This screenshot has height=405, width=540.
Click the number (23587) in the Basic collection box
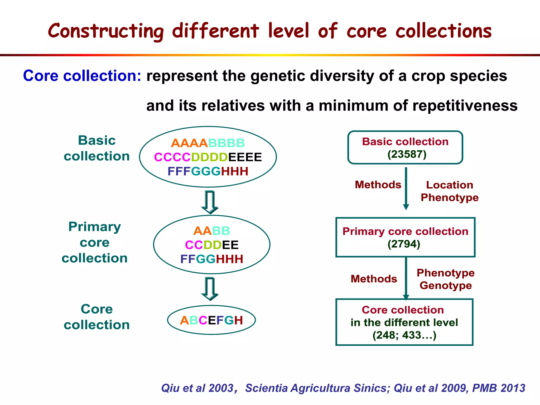[407, 154]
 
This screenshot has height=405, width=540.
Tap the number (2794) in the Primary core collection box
[404, 244]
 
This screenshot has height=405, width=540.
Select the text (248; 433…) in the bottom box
[404, 335]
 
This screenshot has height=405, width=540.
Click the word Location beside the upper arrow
[449, 185]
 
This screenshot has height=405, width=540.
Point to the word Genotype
[446, 286]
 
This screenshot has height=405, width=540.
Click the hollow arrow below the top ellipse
[210, 202]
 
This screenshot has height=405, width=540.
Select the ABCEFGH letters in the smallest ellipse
[211, 320]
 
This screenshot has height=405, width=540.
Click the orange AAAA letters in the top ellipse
[189, 143]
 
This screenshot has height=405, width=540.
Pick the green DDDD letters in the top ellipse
[209, 157]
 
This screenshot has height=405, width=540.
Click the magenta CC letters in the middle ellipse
[194, 245]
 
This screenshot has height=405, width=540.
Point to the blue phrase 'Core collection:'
[82, 76]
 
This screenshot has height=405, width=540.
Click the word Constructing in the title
[105, 31]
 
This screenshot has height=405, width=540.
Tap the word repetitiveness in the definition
[465, 106]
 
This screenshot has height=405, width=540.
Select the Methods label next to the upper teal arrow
[378, 185]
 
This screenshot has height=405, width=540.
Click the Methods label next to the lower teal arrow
[374, 279]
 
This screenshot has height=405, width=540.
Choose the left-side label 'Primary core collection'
[95, 242]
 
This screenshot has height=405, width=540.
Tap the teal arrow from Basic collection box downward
[406, 189]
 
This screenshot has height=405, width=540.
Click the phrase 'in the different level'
[404, 322]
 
